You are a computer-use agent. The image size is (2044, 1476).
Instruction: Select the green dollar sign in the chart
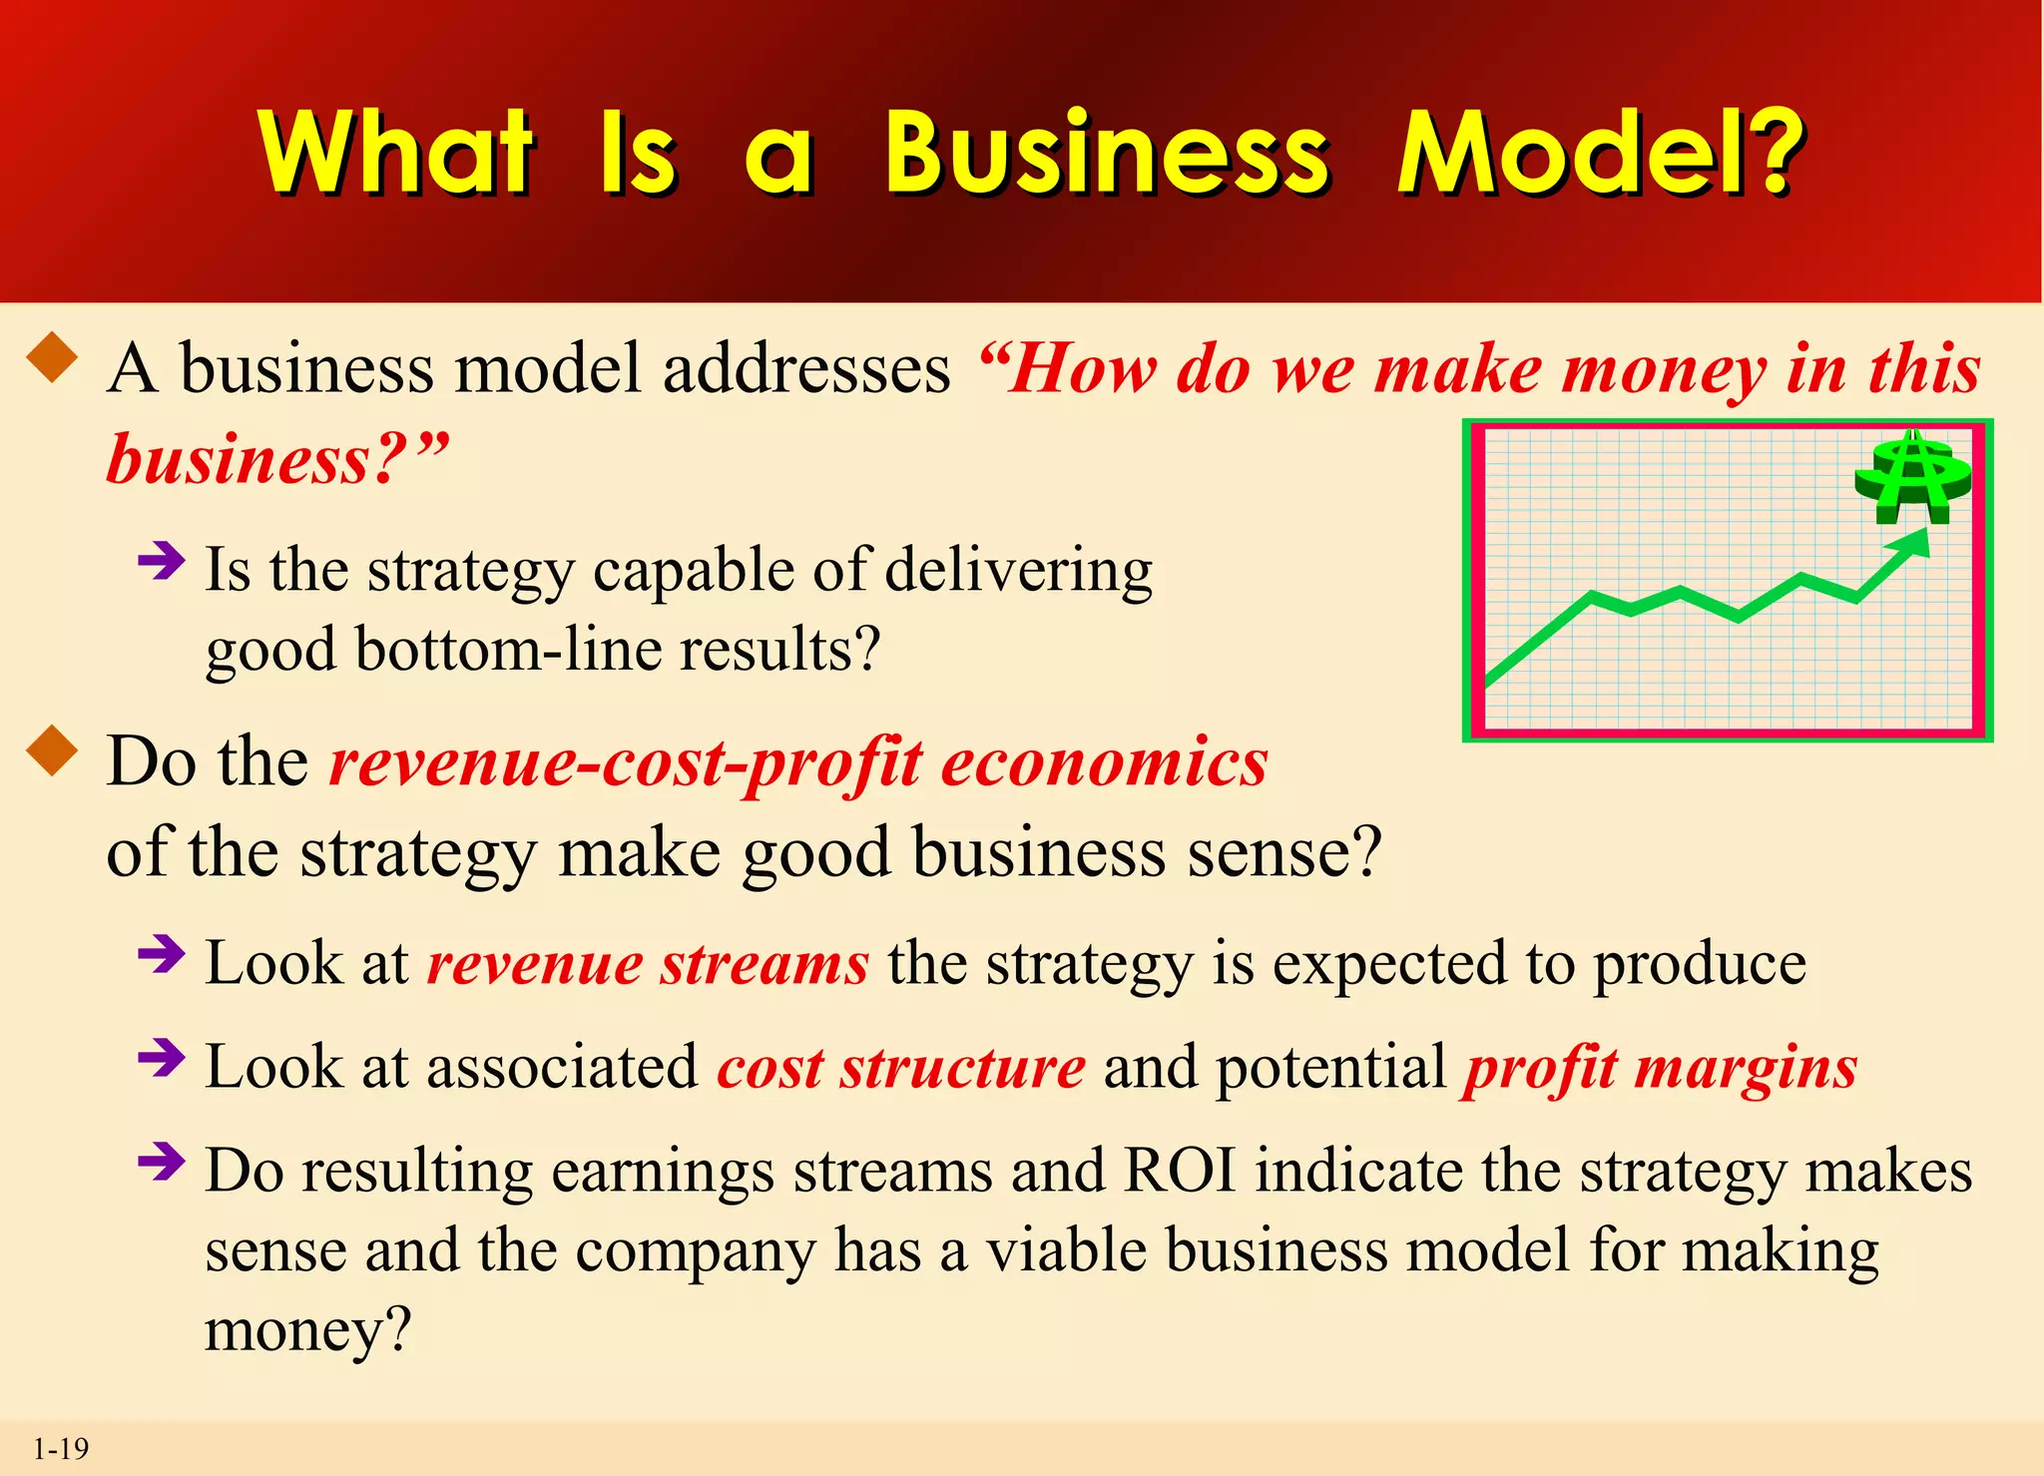click(x=1912, y=479)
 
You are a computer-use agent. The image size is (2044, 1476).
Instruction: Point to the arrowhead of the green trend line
click(x=1915, y=542)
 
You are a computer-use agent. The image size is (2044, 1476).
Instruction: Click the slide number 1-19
click(x=61, y=1448)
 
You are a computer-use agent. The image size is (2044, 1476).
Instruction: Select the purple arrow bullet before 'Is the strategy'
click(x=162, y=560)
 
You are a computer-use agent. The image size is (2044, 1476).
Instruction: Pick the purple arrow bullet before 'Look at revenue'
click(x=162, y=954)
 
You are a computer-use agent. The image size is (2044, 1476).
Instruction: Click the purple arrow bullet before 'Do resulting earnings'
click(x=162, y=1161)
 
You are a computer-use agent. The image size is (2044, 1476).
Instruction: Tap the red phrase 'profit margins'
click(x=1660, y=1068)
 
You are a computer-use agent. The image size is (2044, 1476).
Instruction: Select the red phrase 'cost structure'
click(x=900, y=1068)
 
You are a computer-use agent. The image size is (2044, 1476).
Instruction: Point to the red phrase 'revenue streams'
click(x=648, y=964)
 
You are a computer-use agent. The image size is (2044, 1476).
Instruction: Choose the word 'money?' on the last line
click(x=307, y=1330)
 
